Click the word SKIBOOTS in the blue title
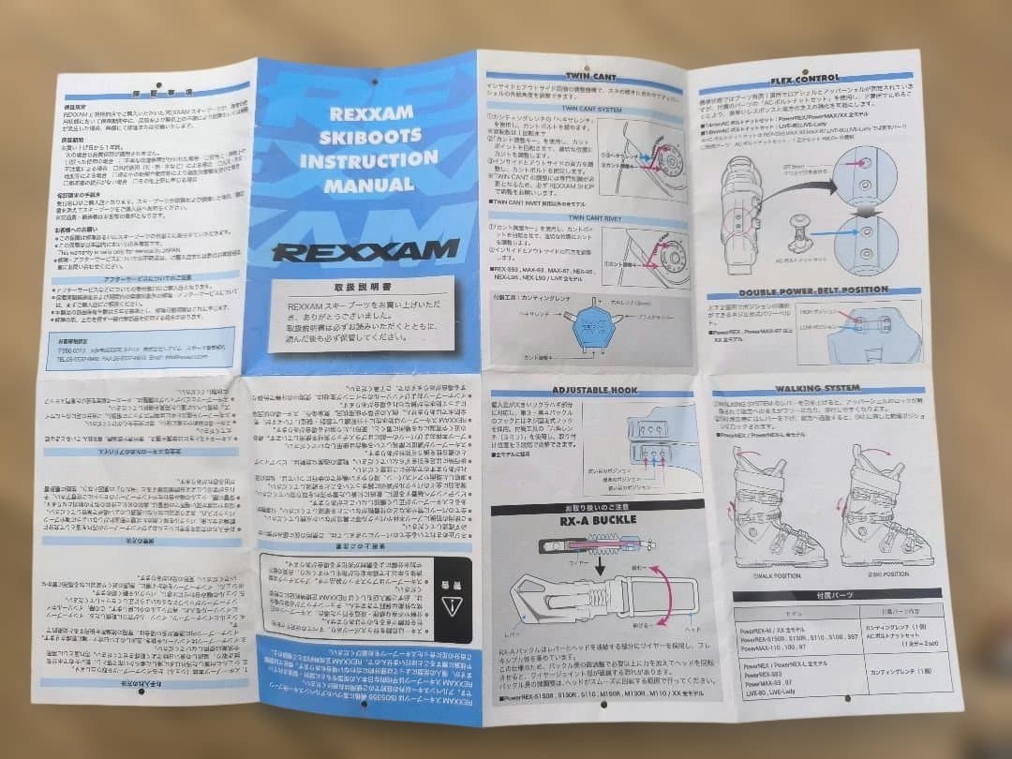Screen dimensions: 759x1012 pyautogui.click(x=366, y=138)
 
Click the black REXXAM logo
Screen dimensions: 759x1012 pyautogui.click(x=365, y=250)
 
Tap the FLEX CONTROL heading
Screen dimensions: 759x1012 pyautogui.click(x=804, y=79)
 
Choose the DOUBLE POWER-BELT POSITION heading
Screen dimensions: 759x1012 pyautogui.click(x=811, y=290)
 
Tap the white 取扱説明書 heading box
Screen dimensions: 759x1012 pyautogui.click(x=362, y=313)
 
